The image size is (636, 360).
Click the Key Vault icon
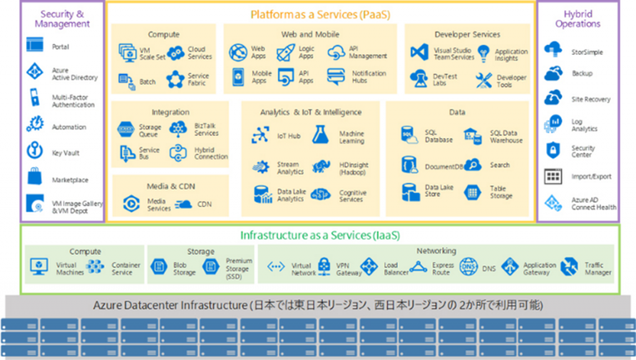[35, 151]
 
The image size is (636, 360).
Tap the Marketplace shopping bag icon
[35, 178]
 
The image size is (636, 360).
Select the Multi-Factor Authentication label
[73, 101]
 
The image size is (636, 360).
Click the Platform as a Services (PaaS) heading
[320, 13]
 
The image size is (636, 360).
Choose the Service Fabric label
[198, 80]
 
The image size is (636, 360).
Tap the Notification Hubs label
[368, 77]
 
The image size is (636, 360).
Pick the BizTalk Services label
[206, 129]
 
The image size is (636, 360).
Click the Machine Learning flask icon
[320, 135]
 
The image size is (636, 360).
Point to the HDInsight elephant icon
[320, 166]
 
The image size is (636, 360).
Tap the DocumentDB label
[444, 167]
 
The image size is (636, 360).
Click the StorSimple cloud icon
[553, 50]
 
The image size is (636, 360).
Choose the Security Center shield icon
[553, 150]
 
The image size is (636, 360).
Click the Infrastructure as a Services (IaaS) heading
[320, 235]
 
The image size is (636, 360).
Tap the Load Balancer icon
[370, 267]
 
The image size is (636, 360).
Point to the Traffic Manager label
[597, 269]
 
